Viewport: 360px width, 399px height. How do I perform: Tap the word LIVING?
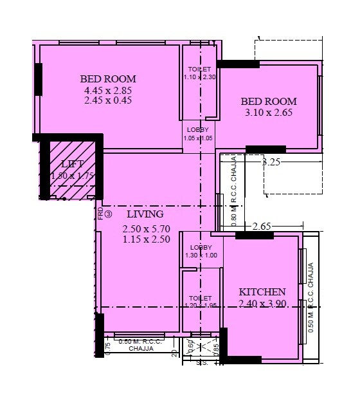pos(145,214)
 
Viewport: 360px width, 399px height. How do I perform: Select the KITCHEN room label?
pos(262,292)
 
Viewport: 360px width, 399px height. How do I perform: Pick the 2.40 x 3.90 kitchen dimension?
pos(262,303)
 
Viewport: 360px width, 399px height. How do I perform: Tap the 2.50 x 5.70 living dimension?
pos(145,228)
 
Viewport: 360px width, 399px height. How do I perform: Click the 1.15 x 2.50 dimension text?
pos(145,239)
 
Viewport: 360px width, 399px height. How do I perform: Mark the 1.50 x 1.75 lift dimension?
pos(73,174)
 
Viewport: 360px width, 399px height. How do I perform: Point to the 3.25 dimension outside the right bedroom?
pos(271,163)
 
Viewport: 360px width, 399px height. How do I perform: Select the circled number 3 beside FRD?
pos(109,214)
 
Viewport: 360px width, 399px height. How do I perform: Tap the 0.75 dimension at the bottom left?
pos(108,346)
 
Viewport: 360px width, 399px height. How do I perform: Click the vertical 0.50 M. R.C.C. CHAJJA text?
pos(311,296)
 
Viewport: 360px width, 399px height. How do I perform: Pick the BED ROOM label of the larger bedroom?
pos(108,79)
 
